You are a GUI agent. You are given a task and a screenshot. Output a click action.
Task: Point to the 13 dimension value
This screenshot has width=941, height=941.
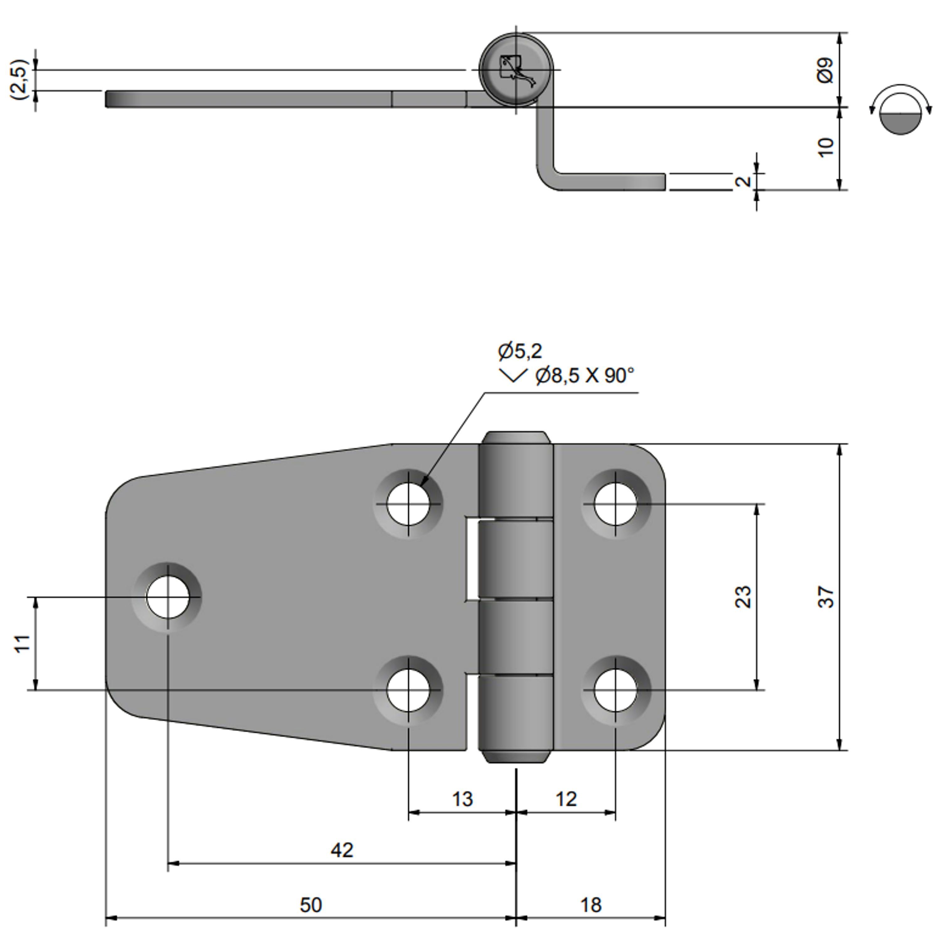(462, 799)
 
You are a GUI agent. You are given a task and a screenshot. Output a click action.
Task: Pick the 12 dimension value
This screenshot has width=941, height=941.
(566, 799)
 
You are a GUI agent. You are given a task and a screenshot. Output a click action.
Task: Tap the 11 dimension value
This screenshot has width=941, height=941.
(22, 643)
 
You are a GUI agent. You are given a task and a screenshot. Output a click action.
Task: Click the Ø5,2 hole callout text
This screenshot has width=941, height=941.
(520, 351)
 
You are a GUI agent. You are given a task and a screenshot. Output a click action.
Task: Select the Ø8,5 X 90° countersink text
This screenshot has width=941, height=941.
(584, 375)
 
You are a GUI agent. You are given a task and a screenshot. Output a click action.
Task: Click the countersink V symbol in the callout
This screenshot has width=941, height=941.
(513, 375)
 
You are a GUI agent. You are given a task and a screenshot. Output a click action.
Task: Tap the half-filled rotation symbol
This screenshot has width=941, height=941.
(901, 114)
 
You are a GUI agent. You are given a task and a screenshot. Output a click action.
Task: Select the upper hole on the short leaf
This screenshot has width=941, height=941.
(616, 504)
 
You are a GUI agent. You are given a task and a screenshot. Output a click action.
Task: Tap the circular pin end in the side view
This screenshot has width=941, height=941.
(516, 70)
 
